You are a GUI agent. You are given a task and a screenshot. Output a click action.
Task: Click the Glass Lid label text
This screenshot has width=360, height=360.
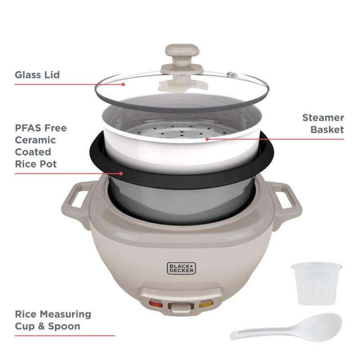[37, 75]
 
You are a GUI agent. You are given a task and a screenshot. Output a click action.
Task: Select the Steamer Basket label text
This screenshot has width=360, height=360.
[323, 123]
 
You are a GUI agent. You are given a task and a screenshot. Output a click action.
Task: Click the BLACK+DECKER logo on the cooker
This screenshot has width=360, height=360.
[181, 268]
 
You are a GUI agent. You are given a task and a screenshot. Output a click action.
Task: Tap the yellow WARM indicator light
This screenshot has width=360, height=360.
[206, 305]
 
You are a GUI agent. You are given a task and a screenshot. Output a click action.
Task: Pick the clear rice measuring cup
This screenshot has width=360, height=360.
[317, 284]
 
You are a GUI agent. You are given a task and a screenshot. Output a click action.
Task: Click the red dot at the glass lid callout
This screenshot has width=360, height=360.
[123, 84]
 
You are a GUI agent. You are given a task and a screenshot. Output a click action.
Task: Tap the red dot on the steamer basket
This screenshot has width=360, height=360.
[207, 139]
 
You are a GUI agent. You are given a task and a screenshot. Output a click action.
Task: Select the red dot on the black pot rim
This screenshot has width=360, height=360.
[121, 174]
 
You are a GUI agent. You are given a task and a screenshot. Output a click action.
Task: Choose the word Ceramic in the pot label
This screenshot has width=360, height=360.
[36, 140]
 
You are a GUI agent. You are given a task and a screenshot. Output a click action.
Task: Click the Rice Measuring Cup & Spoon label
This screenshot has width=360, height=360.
[53, 320]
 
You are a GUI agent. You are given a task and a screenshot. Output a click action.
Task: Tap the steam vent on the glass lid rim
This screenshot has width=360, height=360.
[232, 74]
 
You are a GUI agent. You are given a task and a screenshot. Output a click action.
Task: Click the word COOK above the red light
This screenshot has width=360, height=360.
[156, 300]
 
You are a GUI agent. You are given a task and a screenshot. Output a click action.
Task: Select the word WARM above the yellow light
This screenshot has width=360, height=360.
[206, 300]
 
